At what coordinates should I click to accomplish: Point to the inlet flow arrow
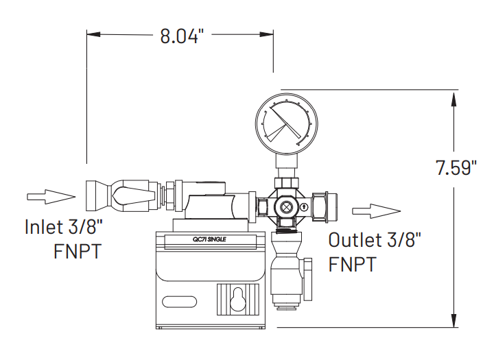[51, 197]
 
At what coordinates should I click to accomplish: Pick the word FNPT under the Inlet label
[78, 251]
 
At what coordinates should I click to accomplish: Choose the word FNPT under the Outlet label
[353, 264]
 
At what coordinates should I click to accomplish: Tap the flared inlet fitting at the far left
[97, 195]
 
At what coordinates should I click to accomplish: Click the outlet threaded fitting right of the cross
[323, 205]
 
